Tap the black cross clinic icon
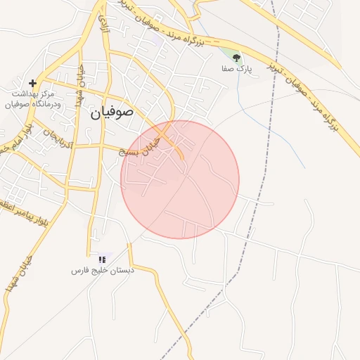pos(33,83)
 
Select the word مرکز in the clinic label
pos(47,94)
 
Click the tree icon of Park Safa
pos(236,57)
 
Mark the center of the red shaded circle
pos(180,179)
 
